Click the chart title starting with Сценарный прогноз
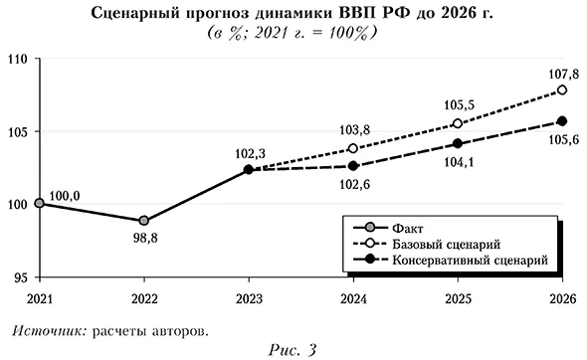293,13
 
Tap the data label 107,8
561,71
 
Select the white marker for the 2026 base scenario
562,90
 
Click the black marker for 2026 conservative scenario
562,121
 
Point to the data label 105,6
561,141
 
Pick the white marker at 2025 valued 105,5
458,123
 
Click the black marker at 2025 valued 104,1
458,143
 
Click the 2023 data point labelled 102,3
249,170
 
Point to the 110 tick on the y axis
18,59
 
